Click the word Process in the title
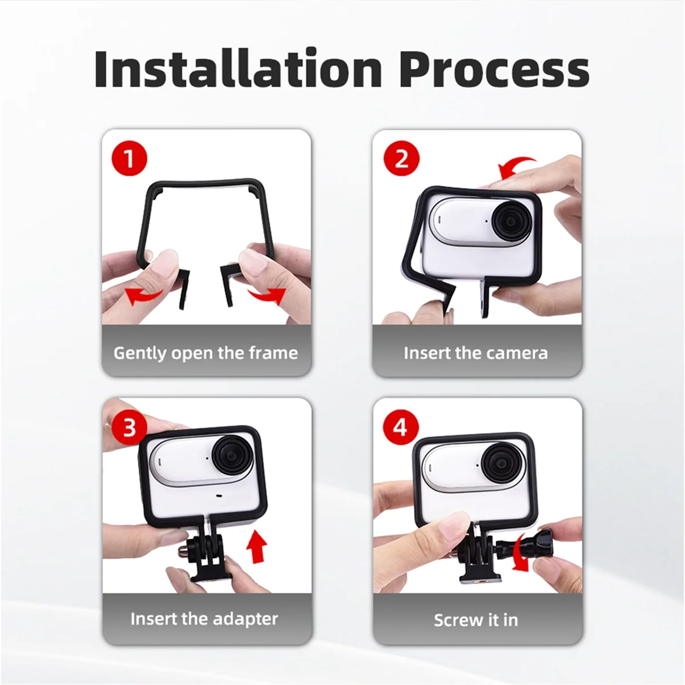(494, 69)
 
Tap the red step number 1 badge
(130, 158)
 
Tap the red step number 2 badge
(401, 158)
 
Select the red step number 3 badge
(130, 426)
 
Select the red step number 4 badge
(401, 426)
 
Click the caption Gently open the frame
(205, 353)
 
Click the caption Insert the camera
(476, 353)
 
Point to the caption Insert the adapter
(204, 619)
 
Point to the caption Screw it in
(476, 620)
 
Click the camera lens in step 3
(231, 457)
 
